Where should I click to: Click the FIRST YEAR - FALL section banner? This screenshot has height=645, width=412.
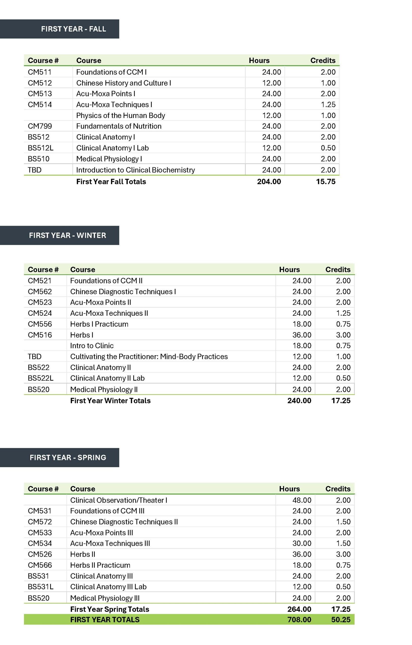pos(73,29)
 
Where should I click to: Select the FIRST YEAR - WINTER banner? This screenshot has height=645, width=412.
pos(68,235)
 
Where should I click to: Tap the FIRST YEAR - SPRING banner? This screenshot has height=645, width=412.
pos(68,457)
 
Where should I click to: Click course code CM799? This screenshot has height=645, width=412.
pos(40,126)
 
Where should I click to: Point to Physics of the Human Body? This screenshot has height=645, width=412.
pos(120,115)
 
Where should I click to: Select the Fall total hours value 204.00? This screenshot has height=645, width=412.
pos(269,182)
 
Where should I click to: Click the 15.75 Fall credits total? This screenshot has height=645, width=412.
pos(326,182)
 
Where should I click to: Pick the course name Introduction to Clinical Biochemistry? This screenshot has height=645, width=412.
pos(136,170)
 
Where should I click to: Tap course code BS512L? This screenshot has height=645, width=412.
pos(41,148)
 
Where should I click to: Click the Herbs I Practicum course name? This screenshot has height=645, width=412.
pos(99,324)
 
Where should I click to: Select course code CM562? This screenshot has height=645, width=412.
pos(40,292)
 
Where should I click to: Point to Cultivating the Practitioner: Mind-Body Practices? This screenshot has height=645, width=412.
pos(149,357)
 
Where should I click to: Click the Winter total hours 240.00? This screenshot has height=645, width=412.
pos(299,401)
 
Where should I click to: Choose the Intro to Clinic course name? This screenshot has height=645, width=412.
pos(92,345)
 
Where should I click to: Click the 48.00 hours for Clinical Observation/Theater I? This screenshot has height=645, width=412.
pos(302,500)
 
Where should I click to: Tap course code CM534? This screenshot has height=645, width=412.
pos(40,543)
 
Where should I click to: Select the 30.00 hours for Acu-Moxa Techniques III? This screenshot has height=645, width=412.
pos(302,543)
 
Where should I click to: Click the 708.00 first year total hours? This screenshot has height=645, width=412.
pos(299,620)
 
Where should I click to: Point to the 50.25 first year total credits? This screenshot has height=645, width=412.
pos(341,620)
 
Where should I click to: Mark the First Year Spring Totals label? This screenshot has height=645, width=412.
pos(110,609)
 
